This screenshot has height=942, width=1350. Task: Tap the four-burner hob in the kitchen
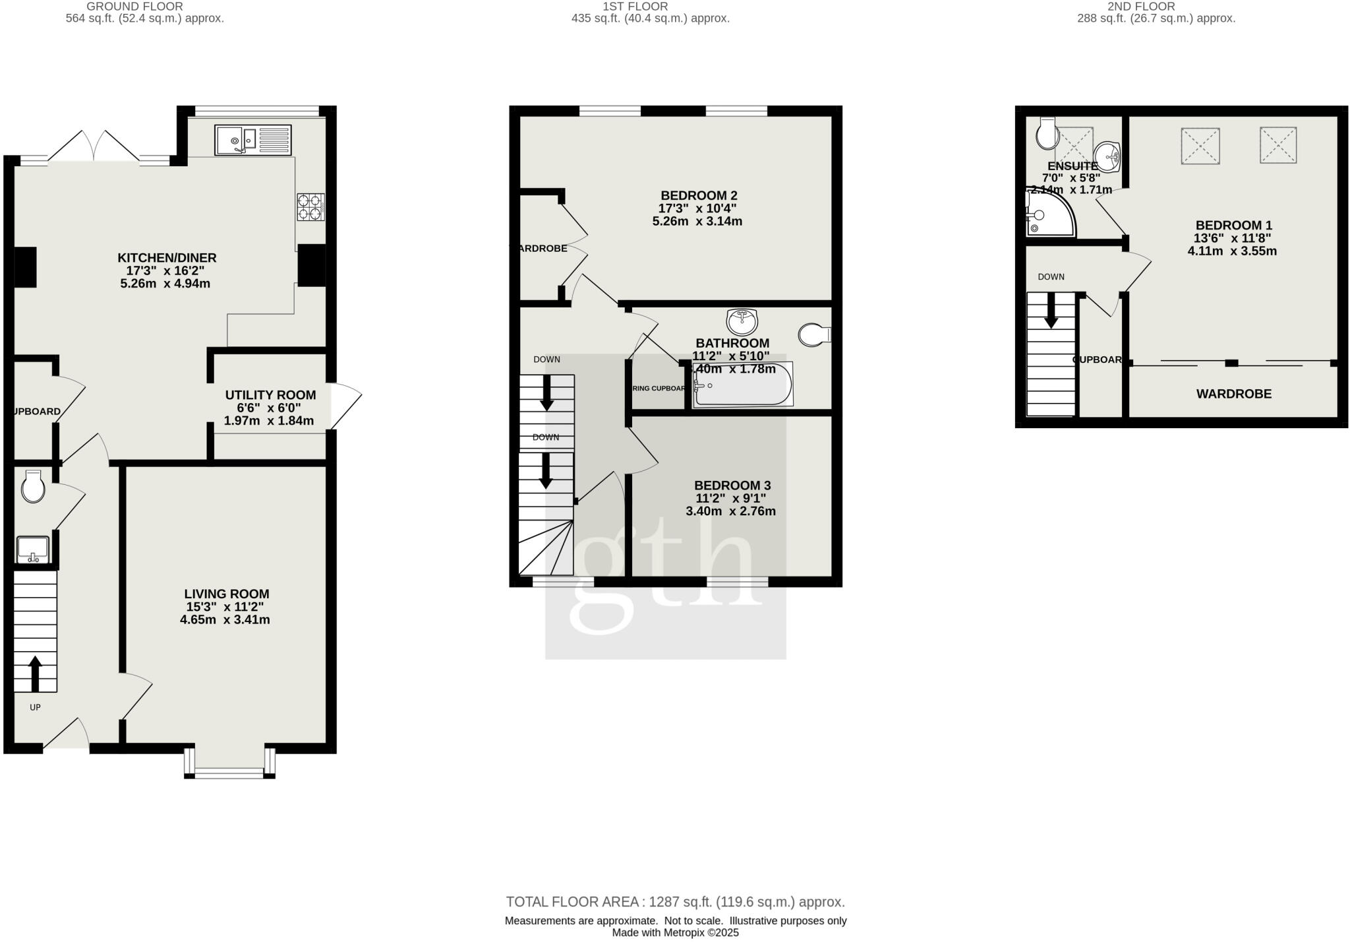click(310, 206)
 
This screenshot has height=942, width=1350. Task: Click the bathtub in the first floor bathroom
click(743, 384)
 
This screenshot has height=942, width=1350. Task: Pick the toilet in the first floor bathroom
click(813, 334)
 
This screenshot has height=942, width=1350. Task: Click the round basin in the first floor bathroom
click(742, 321)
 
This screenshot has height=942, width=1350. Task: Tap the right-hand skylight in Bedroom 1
click(1278, 145)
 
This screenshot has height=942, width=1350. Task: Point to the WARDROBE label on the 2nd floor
click(1233, 394)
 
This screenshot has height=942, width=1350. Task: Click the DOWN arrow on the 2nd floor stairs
click(1051, 311)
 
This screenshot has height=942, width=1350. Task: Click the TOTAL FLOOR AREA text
click(675, 902)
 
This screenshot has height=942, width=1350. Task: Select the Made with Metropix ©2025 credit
click(675, 933)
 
